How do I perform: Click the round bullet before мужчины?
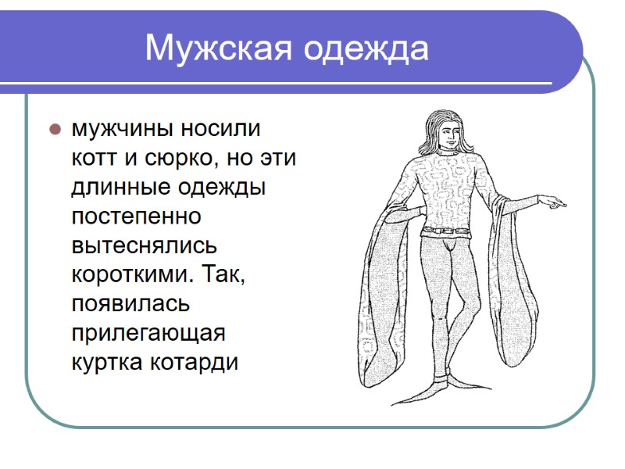(55, 128)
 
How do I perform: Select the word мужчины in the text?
(125, 128)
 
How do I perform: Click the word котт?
(96, 158)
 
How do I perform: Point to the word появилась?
(130, 304)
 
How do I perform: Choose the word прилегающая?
(148, 334)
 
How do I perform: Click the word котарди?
(198, 363)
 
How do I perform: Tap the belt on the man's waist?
(446, 231)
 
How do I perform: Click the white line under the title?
(312, 83)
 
